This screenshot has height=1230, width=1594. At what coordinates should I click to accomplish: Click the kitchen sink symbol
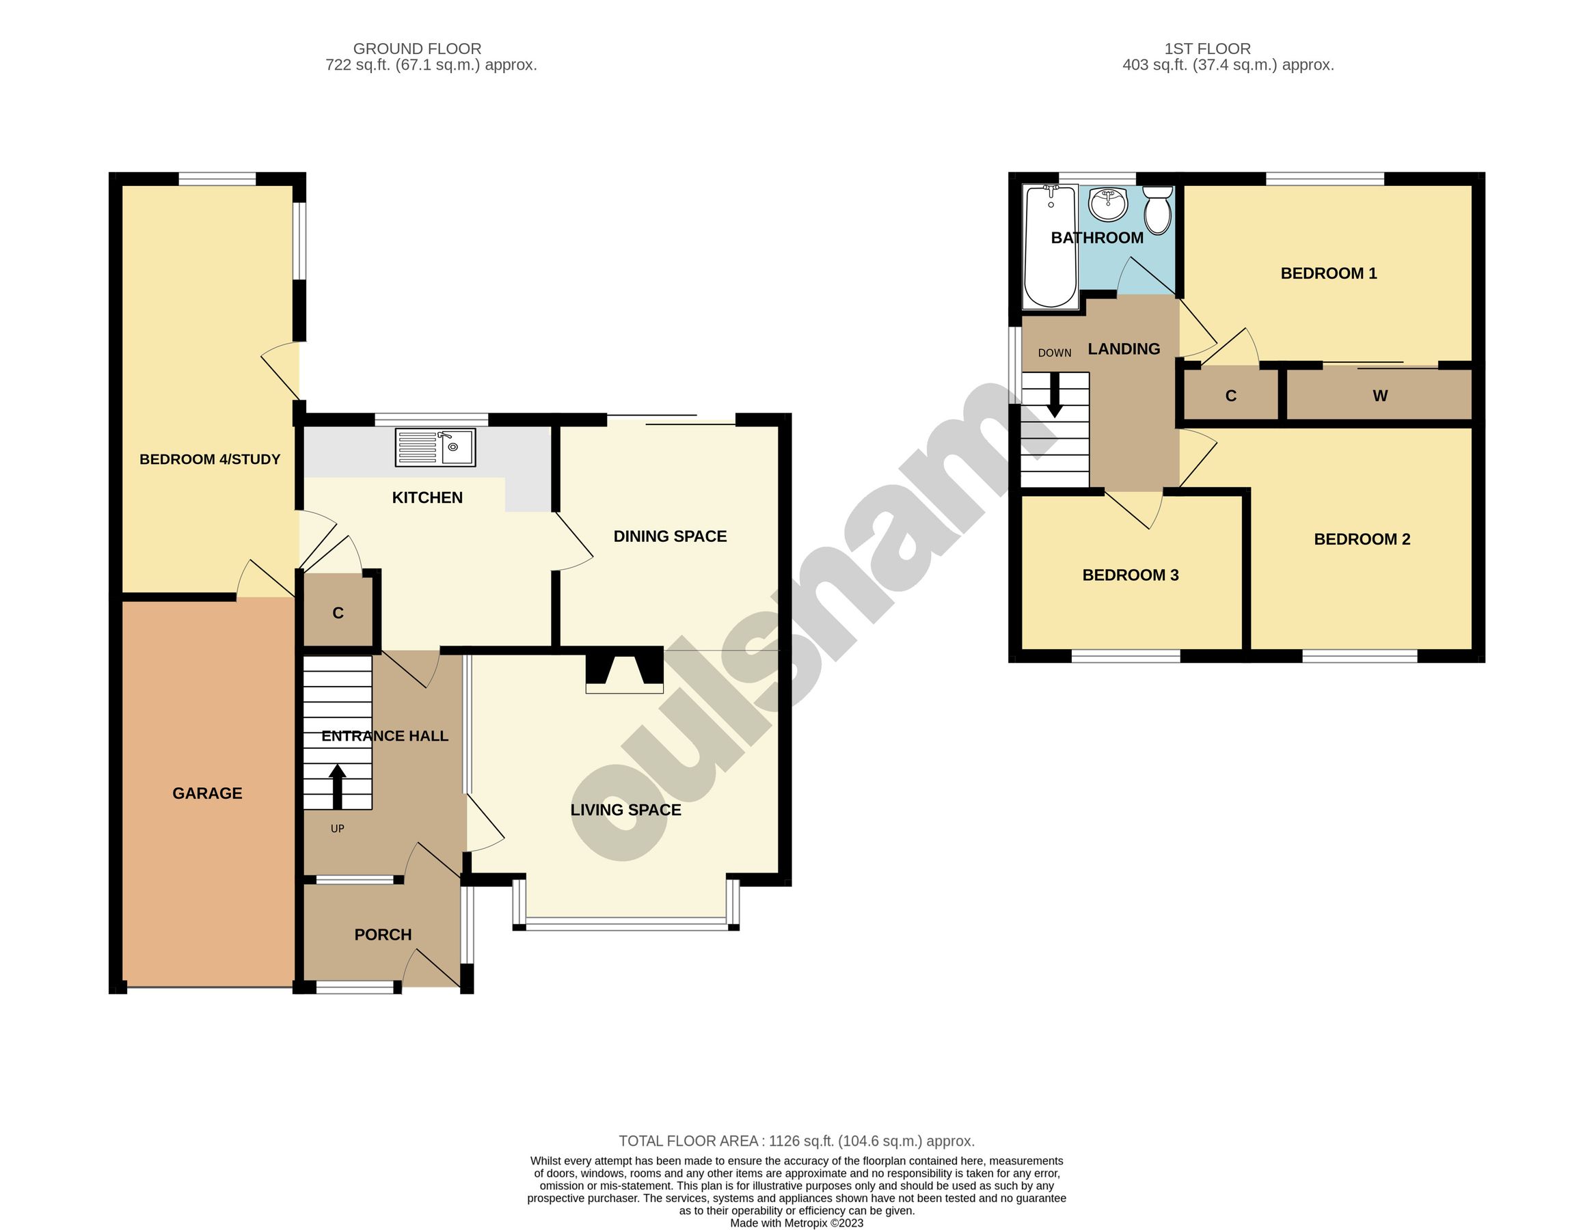click(x=435, y=447)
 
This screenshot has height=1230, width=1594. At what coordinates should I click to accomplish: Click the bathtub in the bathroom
click(x=1051, y=247)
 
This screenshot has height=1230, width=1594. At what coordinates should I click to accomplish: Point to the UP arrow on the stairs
click(x=337, y=786)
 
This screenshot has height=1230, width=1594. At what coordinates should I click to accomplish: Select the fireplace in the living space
click(x=625, y=669)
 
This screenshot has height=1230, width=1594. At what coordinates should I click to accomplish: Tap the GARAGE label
click(x=207, y=793)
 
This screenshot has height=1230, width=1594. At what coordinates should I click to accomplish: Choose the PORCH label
click(x=383, y=935)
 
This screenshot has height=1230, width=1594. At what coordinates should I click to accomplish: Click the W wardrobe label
click(x=1379, y=396)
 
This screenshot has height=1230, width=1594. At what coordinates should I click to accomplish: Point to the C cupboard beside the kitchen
click(x=338, y=613)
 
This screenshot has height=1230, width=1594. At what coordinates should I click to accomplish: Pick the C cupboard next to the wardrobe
click(x=1230, y=396)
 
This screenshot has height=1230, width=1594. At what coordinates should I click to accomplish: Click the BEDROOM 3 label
click(x=1130, y=575)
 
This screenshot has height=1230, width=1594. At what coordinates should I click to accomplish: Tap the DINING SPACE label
click(x=670, y=536)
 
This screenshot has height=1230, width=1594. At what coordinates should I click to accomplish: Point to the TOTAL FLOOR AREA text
click(x=796, y=1141)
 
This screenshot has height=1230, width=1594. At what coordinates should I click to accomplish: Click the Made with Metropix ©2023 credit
click(x=796, y=1223)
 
